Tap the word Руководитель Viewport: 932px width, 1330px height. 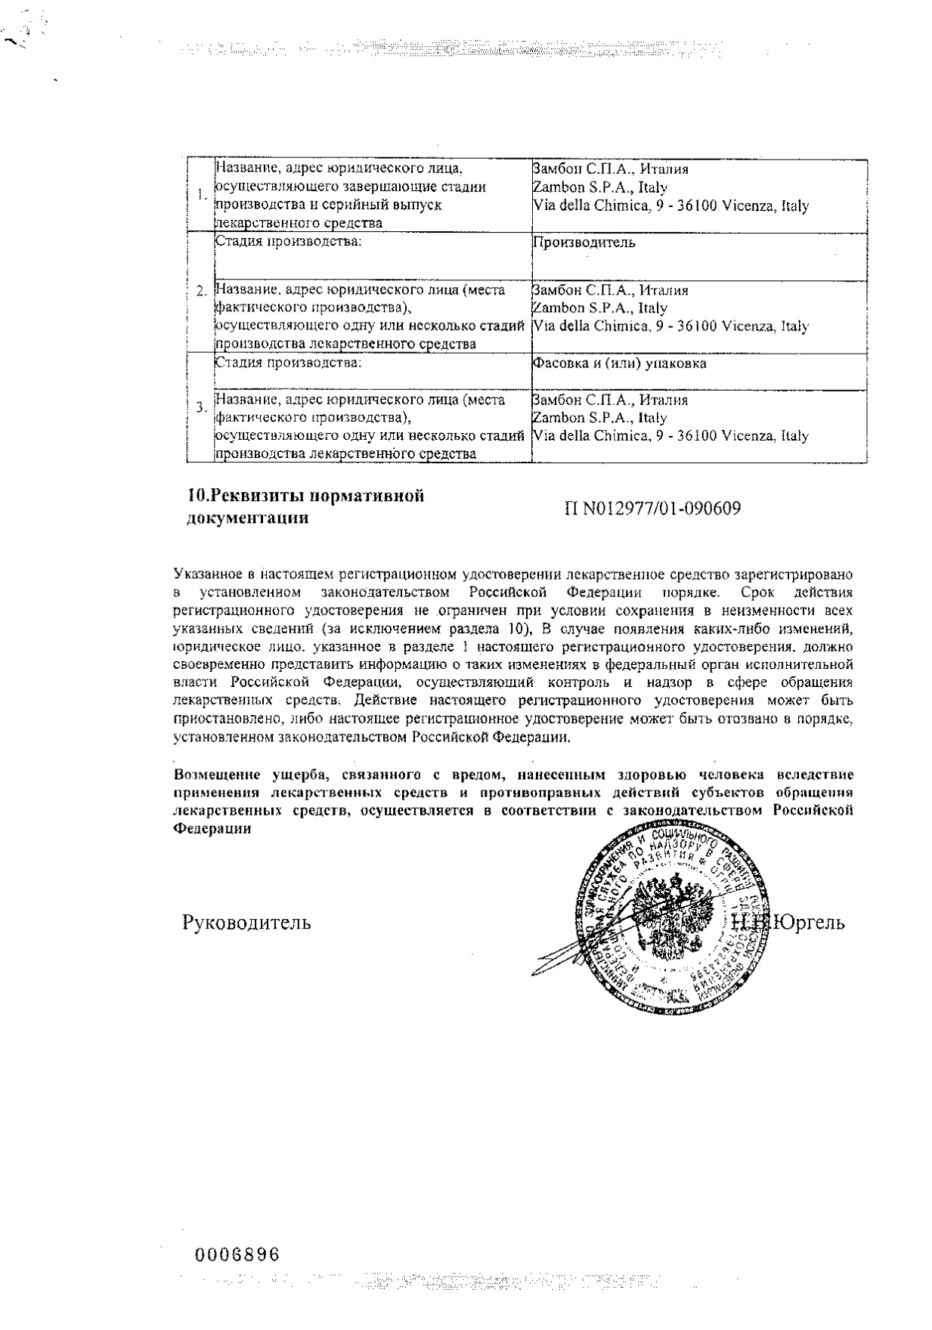point(246,923)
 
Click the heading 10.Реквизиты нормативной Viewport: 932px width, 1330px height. point(305,496)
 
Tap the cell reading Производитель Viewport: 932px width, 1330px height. point(584,243)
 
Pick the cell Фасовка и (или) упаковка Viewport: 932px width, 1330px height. point(620,363)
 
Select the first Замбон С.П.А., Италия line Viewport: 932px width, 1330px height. point(611,169)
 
